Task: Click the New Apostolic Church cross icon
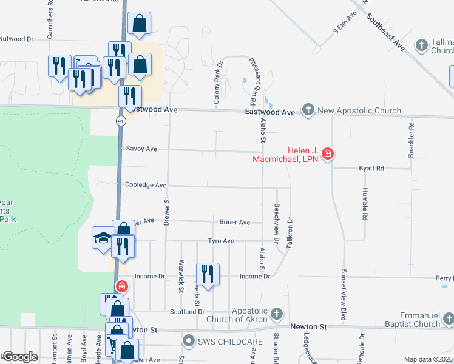308,110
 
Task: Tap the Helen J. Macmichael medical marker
328,153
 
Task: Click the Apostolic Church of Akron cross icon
277,314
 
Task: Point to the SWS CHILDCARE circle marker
189,342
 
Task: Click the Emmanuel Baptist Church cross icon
448,318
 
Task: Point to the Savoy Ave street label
141,149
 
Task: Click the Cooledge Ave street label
145,185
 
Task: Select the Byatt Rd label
371,168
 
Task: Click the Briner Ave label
235,223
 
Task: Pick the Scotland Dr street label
187,311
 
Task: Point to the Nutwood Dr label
16,39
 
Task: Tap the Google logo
20,357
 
